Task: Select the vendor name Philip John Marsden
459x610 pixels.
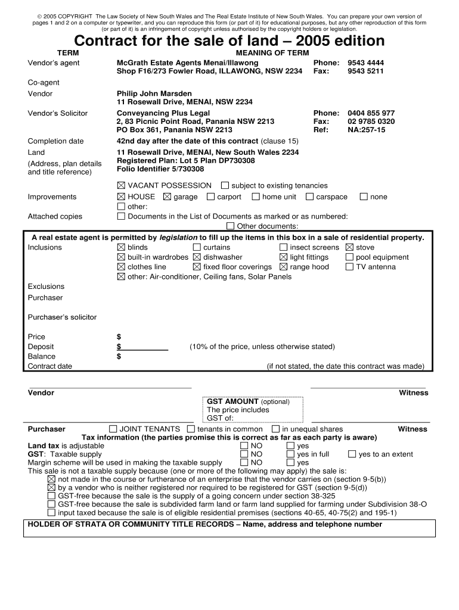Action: [x=154, y=94]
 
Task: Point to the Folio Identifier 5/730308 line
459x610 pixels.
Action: [x=157, y=169]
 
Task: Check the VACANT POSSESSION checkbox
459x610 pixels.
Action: [x=122, y=185]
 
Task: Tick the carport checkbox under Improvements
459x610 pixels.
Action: [x=211, y=197]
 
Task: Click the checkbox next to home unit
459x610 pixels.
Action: [x=256, y=197]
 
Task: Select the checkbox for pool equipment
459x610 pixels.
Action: [x=349, y=257]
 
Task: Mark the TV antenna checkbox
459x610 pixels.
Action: [x=349, y=267]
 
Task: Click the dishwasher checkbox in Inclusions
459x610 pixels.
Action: [x=197, y=257]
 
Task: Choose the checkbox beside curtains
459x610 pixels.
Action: [x=197, y=247]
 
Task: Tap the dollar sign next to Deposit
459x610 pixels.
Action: [x=119, y=347]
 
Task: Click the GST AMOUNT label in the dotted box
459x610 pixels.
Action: [x=232, y=402]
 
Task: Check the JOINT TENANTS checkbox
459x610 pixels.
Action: [x=113, y=429]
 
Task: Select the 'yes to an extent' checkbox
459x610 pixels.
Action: [x=352, y=454]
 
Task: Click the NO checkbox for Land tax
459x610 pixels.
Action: [x=244, y=446]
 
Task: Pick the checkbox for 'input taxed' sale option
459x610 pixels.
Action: [x=51, y=512]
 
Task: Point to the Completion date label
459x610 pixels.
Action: [x=56, y=141]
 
